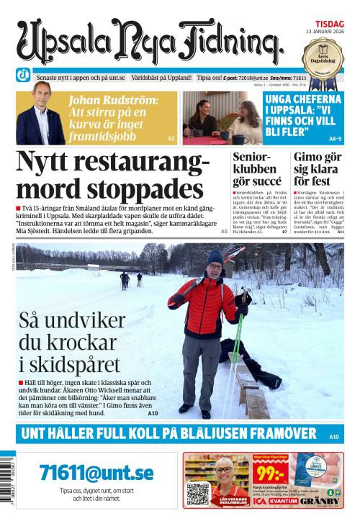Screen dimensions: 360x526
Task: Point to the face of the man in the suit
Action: [37, 95]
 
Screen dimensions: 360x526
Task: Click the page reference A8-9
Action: [334, 137]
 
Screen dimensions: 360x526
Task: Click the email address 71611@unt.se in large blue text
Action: [96, 472]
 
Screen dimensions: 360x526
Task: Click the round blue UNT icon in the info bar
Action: [24, 77]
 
